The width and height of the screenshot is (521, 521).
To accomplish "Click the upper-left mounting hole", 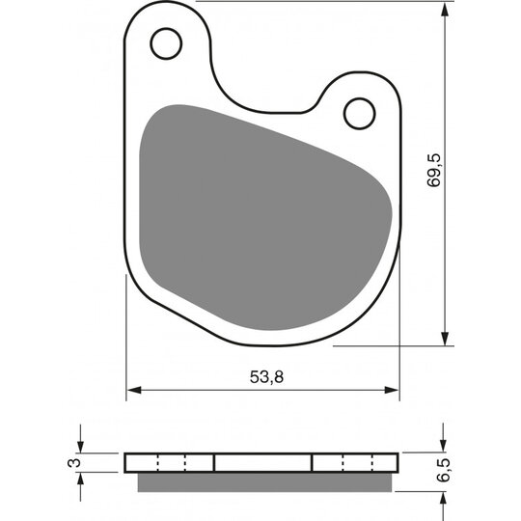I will tap(166, 42).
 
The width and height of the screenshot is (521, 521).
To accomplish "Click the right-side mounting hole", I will tap(359, 113).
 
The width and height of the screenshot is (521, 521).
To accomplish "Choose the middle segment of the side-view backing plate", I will tap(262, 462).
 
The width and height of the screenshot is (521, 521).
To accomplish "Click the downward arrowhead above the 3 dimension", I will tap(81, 446).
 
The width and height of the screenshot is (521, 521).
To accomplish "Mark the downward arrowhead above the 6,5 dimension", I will tap(444, 446).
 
